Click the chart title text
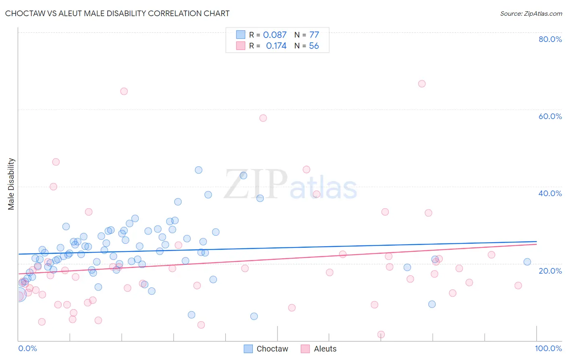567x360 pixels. pyautogui.click(x=117, y=13)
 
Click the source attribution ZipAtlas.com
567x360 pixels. pyautogui.click(x=531, y=13)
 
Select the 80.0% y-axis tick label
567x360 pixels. pyautogui.click(x=550, y=39)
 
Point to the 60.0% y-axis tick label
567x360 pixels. pyautogui.click(x=550, y=116)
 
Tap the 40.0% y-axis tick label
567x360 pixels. pyautogui.click(x=550, y=193)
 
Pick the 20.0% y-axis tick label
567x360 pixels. pyautogui.click(x=550, y=270)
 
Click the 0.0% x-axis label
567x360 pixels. pyautogui.click(x=27, y=348)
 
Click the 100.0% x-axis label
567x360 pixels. pyautogui.click(x=548, y=348)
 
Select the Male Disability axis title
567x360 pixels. pyautogui.click(x=11, y=184)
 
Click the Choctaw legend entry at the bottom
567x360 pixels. pyautogui.click(x=266, y=349)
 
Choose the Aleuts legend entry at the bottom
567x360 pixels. pyautogui.click(x=319, y=349)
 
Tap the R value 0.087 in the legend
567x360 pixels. pyautogui.click(x=275, y=35)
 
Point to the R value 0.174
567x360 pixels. pyautogui.click(x=276, y=46)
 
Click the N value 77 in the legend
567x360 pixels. pyautogui.click(x=314, y=35)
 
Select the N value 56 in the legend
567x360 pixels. pyautogui.click(x=314, y=46)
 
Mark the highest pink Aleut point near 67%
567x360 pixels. pyautogui.click(x=422, y=84)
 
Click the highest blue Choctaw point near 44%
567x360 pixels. pyautogui.click(x=198, y=170)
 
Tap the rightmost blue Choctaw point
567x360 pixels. pyautogui.click(x=527, y=262)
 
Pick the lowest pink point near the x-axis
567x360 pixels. pyautogui.click(x=381, y=334)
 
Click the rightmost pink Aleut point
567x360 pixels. pyautogui.click(x=518, y=285)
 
